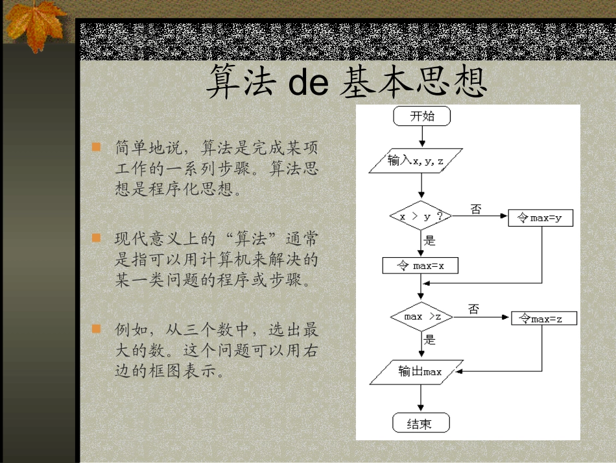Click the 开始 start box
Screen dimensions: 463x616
[x=421, y=116]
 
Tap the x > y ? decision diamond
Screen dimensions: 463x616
[x=421, y=216]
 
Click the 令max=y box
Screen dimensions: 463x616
[x=541, y=218]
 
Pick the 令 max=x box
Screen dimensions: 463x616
[x=420, y=265]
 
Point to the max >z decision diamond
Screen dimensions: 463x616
[x=421, y=317]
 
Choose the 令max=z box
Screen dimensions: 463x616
[x=543, y=318]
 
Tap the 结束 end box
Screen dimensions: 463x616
[x=421, y=424]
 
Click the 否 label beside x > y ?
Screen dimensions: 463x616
[x=476, y=209]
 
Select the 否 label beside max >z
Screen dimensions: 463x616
[x=474, y=309]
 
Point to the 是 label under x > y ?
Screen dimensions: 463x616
[x=429, y=240]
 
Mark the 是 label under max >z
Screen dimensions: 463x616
[x=429, y=340]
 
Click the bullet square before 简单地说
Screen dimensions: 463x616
[x=97, y=147]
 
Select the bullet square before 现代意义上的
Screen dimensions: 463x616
[x=97, y=238]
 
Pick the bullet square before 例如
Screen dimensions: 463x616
[x=97, y=329]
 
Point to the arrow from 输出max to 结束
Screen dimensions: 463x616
[x=421, y=397]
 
